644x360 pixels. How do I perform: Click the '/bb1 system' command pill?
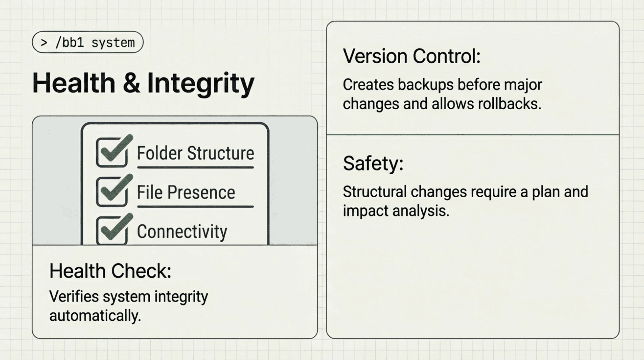coord(87,42)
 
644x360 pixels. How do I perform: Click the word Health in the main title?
coord(74,83)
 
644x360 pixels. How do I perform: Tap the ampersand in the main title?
coord(131,83)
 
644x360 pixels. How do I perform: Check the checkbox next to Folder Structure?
coord(112,153)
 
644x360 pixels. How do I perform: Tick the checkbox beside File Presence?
coord(112,192)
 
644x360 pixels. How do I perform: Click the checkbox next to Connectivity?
coord(112,231)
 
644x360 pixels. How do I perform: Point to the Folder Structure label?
coord(195,153)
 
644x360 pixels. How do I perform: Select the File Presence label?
coord(186,192)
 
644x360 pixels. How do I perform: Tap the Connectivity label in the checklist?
coord(182,232)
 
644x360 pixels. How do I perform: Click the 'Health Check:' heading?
coord(110,271)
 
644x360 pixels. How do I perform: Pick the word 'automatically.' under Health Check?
coord(95,316)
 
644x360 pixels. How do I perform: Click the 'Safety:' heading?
coord(373,163)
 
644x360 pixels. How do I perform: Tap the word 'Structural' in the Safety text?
coord(375,192)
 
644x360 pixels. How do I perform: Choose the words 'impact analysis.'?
coord(396,211)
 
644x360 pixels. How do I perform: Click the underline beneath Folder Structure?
coord(195,167)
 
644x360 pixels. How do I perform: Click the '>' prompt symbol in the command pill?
coord(44,42)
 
